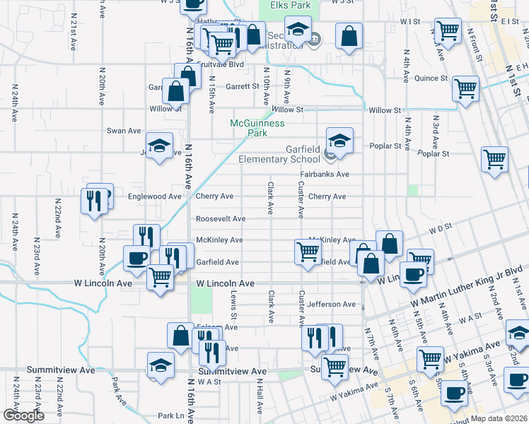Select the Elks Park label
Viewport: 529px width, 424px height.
click(x=290, y=5)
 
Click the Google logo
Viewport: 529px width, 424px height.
click(x=23, y=416)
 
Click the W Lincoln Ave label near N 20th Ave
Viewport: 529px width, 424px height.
click(x=103, y=283)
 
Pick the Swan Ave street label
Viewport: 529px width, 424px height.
click(x=124, y=131)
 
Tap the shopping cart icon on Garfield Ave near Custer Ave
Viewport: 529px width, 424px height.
click(x=308, y=252)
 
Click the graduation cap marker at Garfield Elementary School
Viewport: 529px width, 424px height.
click(x=339, y=139)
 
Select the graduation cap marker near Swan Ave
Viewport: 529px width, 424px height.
click(x=160, y=145)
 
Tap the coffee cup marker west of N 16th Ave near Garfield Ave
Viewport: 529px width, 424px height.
click(x=136, y=257)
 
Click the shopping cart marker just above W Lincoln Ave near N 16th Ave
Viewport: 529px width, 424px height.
click(x=161, y=276)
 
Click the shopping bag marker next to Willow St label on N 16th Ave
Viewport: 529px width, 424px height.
click(x=175, y=91)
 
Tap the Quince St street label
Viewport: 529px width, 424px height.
click(x=431, y=78)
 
